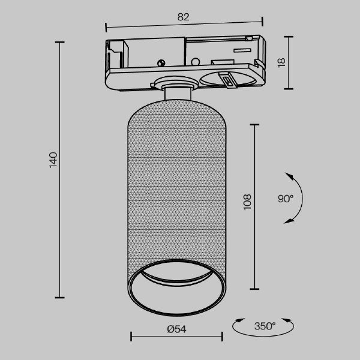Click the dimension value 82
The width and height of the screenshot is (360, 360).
click(x=183, y=17)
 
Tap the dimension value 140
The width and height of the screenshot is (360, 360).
click(x=53, y=160)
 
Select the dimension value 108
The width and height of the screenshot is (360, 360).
click(x=247, y=202)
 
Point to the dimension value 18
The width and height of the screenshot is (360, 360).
click(x=281, y=62)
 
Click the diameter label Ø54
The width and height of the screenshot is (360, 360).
click(x=176, y=329)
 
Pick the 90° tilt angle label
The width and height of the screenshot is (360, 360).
click(x=286, y=199)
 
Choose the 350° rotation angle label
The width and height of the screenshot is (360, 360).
click(x=265, y=326)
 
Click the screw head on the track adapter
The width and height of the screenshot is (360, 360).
click(x=161, y=62)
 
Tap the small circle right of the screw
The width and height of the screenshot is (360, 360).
click(x=195, y=62)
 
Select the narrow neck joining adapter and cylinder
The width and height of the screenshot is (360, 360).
click(x=178, y=93)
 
